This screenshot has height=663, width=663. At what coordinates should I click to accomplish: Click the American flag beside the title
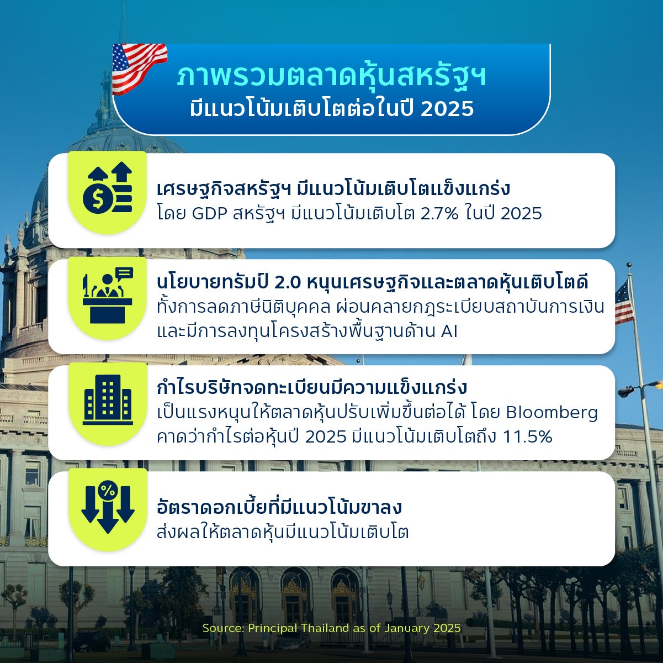click(139, 68)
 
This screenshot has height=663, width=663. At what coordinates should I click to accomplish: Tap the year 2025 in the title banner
click(447, 109)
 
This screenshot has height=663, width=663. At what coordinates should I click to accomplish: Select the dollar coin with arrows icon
click(107, 187)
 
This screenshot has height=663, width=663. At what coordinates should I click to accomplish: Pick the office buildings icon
click(108, 399)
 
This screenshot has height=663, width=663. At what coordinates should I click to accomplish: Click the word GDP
click(210, 214)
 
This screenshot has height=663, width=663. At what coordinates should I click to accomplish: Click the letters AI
click(449, 331)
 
